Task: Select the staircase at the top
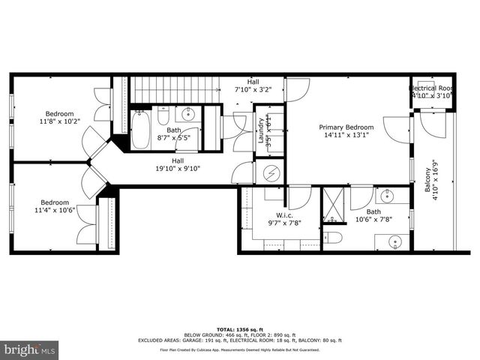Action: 174,91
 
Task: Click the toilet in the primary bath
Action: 332,238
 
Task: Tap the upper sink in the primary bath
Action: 387,197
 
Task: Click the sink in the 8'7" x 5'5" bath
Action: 188,115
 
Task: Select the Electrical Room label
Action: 431,88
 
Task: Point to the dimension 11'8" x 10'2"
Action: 59,120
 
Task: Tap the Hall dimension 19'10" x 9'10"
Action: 178,169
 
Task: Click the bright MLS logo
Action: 30,349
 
